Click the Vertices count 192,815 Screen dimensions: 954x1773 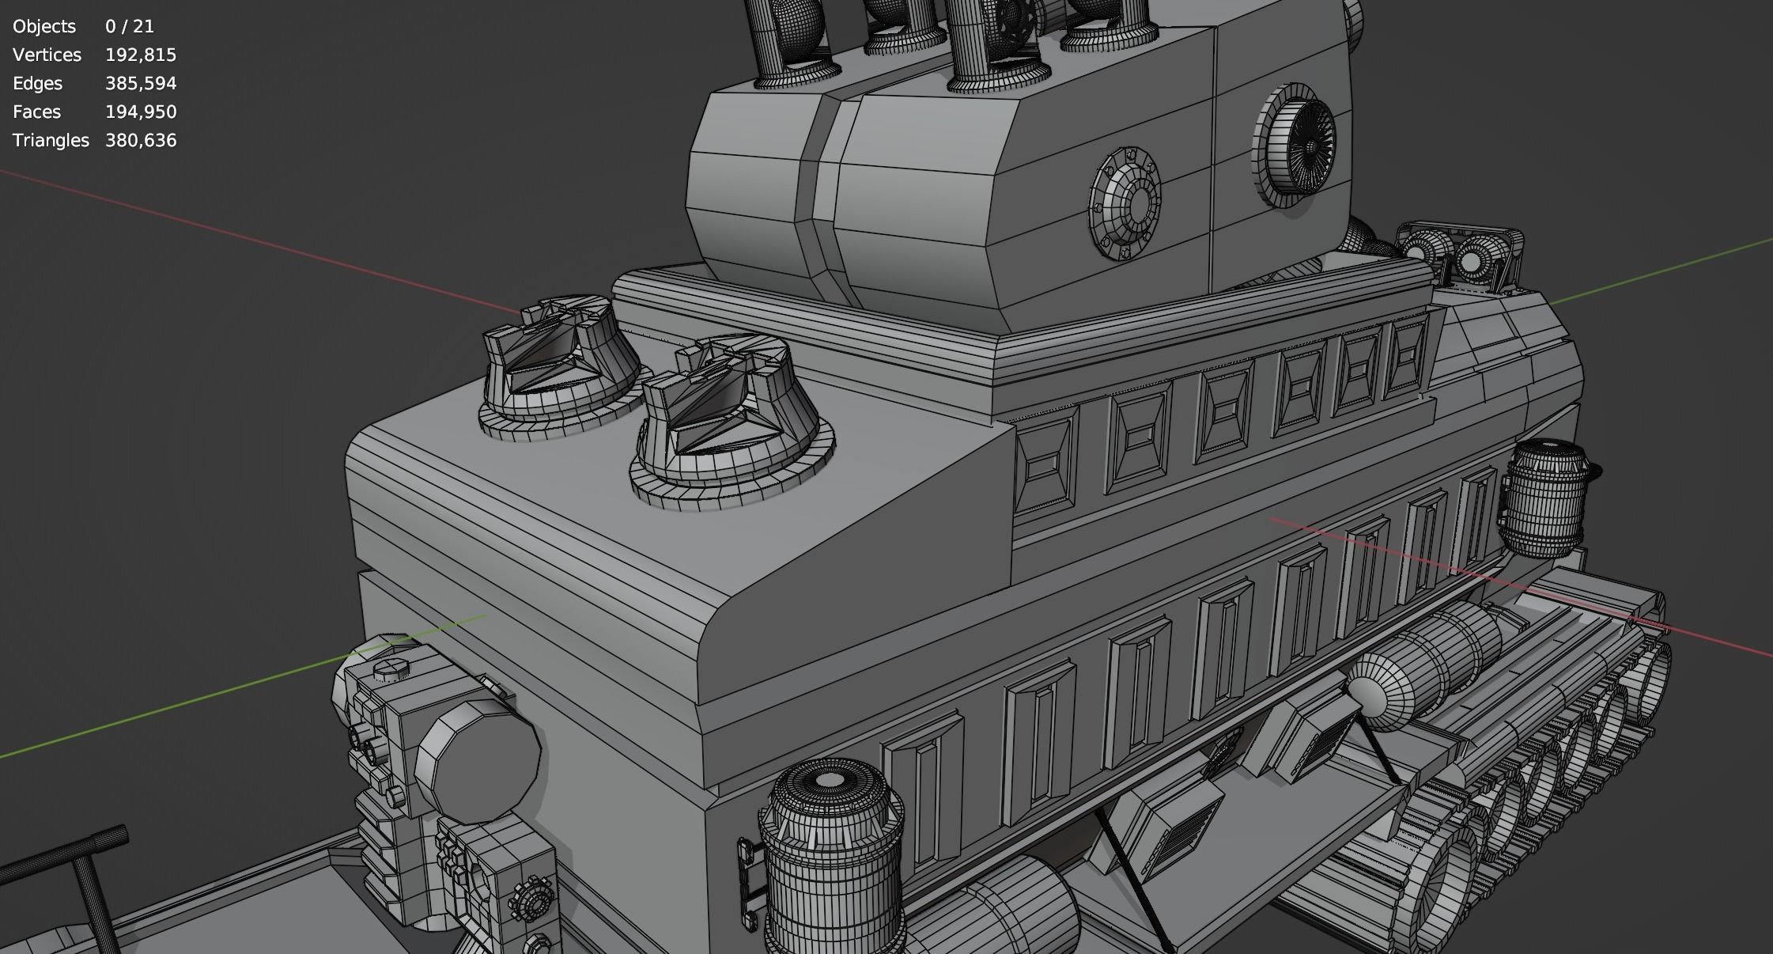(140, 55)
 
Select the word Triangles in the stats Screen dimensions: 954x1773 (51, 140)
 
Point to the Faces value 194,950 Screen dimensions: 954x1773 (140, 112)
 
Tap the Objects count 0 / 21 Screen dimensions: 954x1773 (129, 26)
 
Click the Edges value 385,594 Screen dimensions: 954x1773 (140, 83)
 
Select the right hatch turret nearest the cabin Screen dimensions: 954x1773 (731, 419)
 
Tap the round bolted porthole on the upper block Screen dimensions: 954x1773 (1125, 203)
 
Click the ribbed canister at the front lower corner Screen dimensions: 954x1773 (830, 854)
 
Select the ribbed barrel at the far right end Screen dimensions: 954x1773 (1544, 498)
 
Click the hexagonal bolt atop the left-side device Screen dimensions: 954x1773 (391, 672)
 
